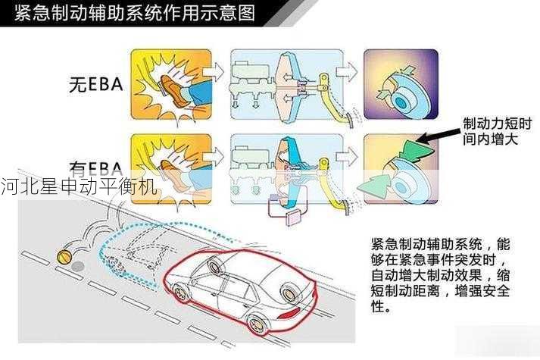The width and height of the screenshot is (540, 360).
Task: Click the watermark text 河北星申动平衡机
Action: click(x=79, y=186)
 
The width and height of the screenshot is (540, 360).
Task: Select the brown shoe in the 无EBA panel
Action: click(x=175, y=94)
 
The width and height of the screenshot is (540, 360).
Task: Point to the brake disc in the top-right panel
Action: click(x=406, y=94)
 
